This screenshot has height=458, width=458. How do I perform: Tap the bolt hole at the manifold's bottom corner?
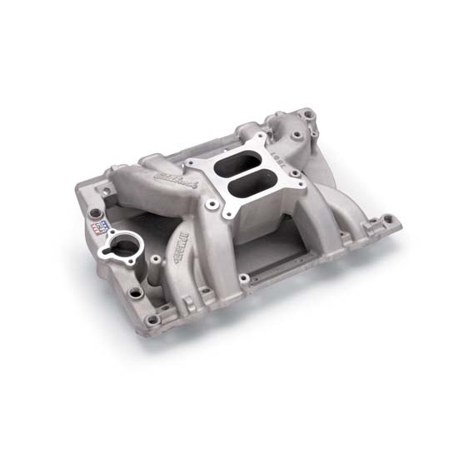[x=152, y=319]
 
